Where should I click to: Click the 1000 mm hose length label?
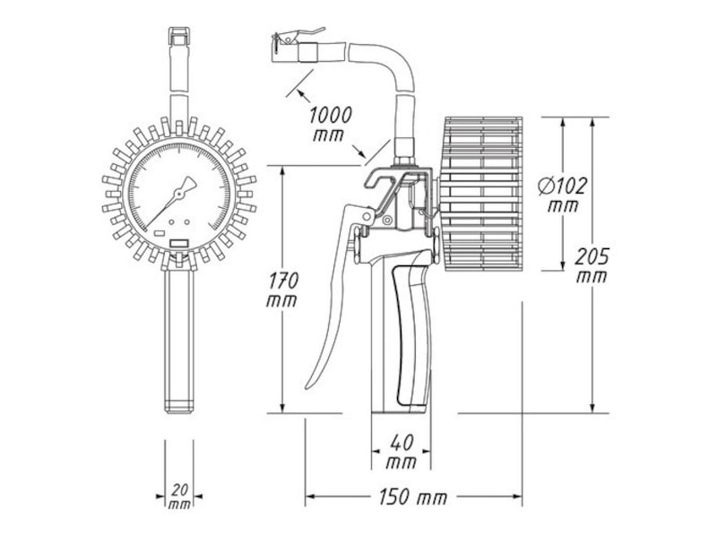(331, 124)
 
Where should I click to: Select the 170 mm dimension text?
(282, 290)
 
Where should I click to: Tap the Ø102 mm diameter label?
(562, 195)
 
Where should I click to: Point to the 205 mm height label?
(592, 265)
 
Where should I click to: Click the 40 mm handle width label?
(402, 452)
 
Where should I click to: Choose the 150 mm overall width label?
(413, 498)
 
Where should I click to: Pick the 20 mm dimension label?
(180, 498)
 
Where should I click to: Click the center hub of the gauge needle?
(178, 195)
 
